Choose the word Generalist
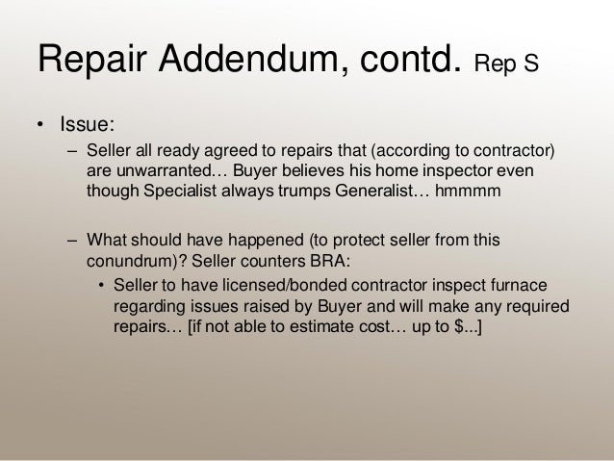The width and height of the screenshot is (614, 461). (352, 190)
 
